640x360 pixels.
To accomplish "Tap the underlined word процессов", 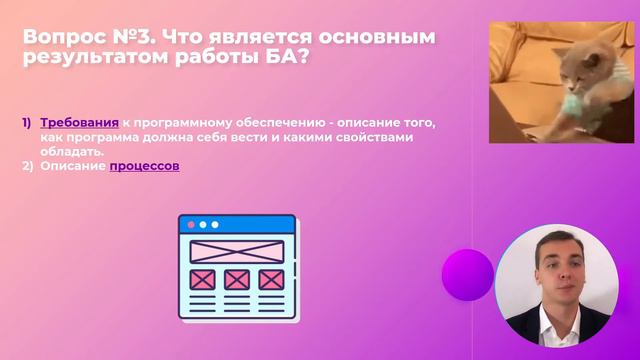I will tap(144, 166).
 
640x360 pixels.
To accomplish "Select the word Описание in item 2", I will tap(73, 166).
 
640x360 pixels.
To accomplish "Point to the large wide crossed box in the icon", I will tap(236, 251).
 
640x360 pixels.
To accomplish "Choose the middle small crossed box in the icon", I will tap(236, 279).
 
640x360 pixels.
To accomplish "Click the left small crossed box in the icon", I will tap(203, 279).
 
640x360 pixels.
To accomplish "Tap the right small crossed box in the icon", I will tap(269, 279).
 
